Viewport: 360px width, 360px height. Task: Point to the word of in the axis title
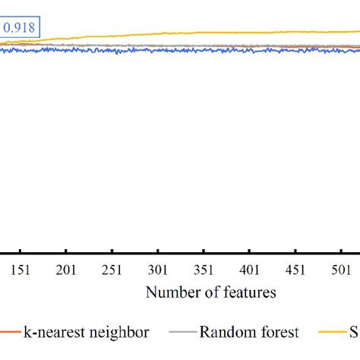point(210,292)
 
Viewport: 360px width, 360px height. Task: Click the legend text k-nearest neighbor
point(81,332)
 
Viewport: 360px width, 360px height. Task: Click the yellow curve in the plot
point(228,32)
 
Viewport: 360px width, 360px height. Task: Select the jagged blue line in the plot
point(152,49)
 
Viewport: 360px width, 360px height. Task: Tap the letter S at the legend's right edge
point(353,332)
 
